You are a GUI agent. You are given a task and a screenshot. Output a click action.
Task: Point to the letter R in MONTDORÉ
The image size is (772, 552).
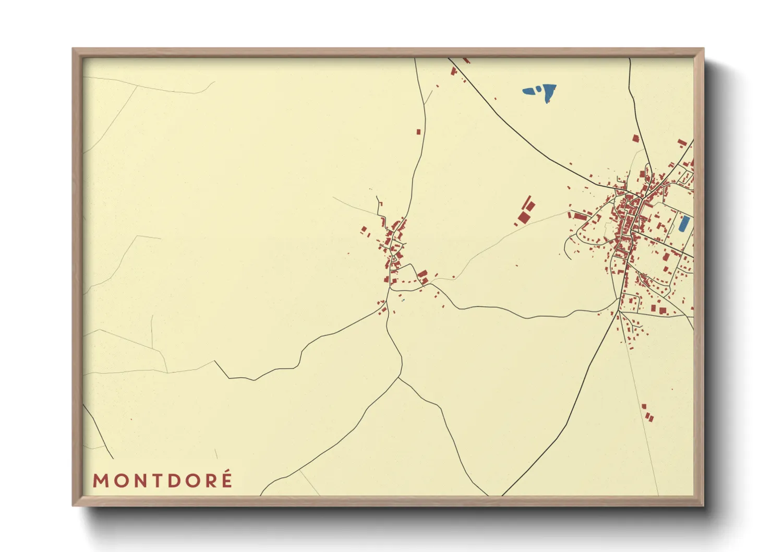[211, 481]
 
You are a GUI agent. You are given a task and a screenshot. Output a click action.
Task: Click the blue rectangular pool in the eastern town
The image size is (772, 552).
[683, 223]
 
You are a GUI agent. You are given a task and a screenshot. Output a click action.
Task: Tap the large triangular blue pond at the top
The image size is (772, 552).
[549, 92]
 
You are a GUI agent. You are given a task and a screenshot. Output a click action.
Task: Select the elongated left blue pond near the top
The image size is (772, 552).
[530, 91]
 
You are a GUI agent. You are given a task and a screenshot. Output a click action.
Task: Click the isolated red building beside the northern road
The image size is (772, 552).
[418, 132]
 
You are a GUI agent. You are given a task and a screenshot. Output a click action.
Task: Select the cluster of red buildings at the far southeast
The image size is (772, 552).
[647, 413]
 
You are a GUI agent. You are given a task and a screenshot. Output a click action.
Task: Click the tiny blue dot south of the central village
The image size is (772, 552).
[403, 301]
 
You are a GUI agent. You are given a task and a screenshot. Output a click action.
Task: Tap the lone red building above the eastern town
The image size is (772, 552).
[635, 138]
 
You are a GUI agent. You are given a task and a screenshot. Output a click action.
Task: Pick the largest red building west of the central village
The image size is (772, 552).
[364, 229]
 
